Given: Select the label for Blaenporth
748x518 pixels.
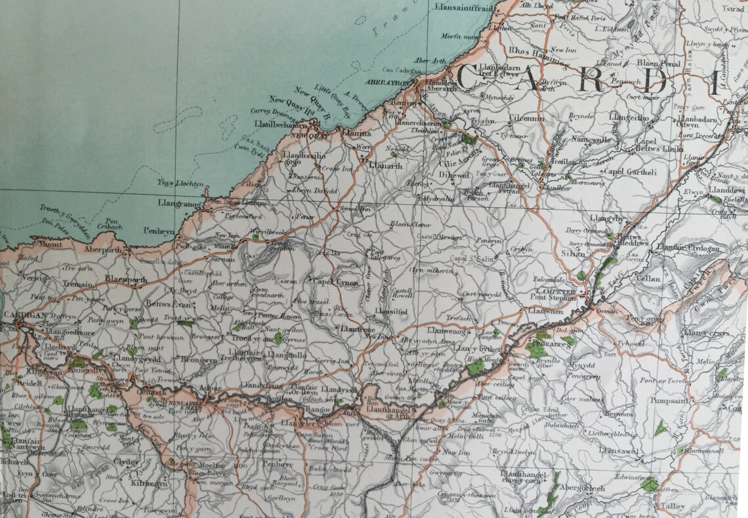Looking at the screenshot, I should [126, 279].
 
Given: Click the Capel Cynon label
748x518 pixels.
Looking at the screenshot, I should [335, 283].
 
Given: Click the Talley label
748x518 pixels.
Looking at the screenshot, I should [672, 506].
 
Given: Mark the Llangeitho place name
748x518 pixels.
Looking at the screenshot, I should [628, 117].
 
